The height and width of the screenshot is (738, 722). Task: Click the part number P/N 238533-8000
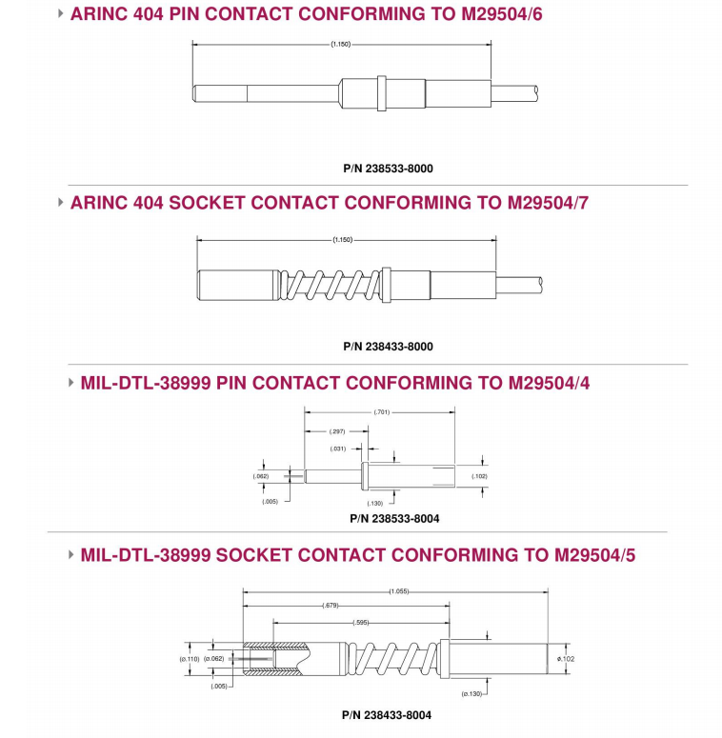pyautogui.click(x=388, y=169)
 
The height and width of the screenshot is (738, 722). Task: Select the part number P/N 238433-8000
pyautogui.click(x=388, y=347)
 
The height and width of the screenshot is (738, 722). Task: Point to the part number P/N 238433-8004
pyautogui.click(x=387, y=715)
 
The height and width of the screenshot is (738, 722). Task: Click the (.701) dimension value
pyautogui.click(x=379, y=412)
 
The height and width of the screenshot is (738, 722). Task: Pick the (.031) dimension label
pyautogui.click(x=337, y=449)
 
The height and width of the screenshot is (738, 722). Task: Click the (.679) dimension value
pyautogui.click(x=330, y=606)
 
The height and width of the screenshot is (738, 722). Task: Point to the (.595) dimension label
pyautogui.click(x=361, y=623)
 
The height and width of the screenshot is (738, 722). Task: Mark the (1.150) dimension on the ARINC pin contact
pyautogui.click(x=342, y=44)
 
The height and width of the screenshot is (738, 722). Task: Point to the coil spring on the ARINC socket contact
pyautogui.click(x=329, y=281)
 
